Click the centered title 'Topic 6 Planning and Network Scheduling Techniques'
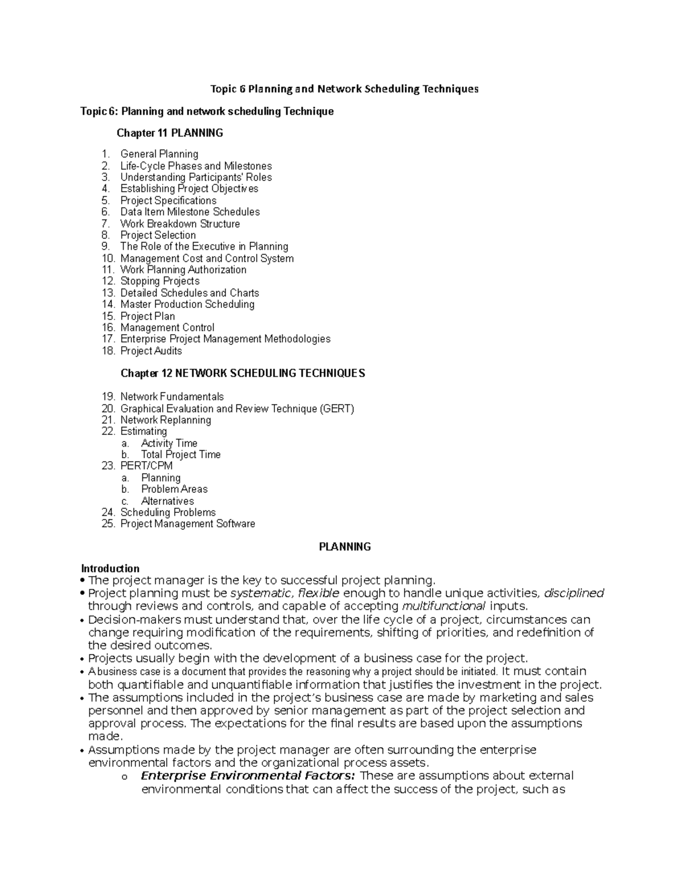344,89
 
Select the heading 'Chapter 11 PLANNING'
170,133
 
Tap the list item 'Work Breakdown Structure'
180,224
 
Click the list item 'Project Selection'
158,235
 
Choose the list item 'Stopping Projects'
159,281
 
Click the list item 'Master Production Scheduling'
187,305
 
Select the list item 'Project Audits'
151,351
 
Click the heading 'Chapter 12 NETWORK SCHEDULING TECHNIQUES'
242,373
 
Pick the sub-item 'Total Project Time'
180,454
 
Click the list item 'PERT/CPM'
146,466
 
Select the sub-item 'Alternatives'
167,501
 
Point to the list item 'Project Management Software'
187,524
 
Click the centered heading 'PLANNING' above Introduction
344,547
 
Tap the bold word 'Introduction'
110,568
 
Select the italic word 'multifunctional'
443,606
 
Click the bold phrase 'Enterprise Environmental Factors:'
248,776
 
